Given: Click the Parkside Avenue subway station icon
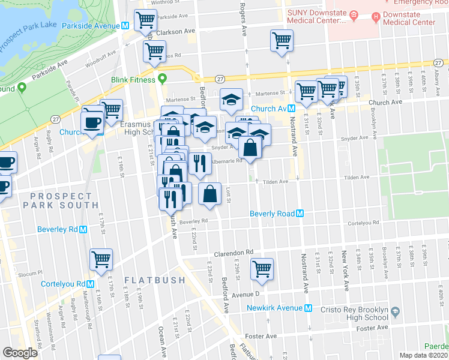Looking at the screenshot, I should pos(125,26).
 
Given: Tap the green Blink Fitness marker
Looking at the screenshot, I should pos(162,79).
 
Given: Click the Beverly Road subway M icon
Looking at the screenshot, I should pos(300,214).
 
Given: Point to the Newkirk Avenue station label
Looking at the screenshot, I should pos(276,308).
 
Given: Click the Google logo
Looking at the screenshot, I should pos(20,353).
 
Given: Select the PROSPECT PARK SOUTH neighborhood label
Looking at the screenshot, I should pos(61,200).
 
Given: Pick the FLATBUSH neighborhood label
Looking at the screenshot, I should pos(150,280).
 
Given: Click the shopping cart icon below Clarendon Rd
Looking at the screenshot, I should pos(262,268).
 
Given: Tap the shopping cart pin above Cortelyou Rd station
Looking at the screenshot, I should pos(101,259).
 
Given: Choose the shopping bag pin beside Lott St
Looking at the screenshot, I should pos(209,194).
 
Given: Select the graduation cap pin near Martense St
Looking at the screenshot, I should pos(231,100).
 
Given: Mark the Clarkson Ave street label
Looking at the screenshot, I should pos(181,31).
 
